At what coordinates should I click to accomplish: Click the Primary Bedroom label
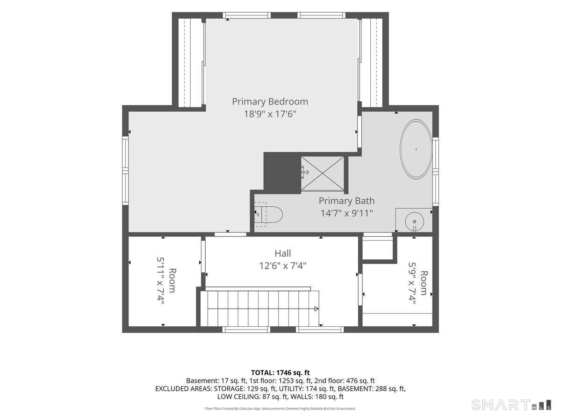[x=270, y=102]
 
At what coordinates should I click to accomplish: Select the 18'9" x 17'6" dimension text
[x=270, y=114]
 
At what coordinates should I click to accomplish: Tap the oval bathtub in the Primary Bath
[x=416, y=149]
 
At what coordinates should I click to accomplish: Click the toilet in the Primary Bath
[x=268, y=215]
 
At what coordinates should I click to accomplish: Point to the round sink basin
[x=414, y=222]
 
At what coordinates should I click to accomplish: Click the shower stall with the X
[x=322, y=174]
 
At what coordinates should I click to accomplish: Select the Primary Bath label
[x=346, y=201]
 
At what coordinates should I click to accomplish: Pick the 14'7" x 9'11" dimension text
[x=346, y=213]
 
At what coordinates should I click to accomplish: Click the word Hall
[x=283, y=253]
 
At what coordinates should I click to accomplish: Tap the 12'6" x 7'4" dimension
[x=283, y=266]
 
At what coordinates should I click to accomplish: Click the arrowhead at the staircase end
[x=316, y=308]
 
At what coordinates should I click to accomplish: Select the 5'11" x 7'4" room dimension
[x=160, y=280]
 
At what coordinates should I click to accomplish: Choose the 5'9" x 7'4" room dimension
[x=411, y=284]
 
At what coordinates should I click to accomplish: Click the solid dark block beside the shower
[x=282, y=173]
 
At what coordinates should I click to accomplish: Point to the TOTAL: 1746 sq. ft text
[x=280, y=373]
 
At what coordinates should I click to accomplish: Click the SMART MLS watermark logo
[x=511, y=405]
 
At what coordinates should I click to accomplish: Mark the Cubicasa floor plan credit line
[x=280, y=409]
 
